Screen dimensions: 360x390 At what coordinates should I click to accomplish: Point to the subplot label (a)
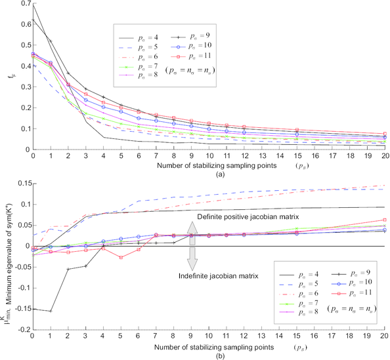tap(208, 176)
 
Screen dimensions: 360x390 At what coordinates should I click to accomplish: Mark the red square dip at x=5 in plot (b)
tap(121, 258)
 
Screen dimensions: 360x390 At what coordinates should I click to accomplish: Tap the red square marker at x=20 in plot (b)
tap(384, 220)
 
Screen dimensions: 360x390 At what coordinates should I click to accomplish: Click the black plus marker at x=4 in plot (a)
tap(103, 97)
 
